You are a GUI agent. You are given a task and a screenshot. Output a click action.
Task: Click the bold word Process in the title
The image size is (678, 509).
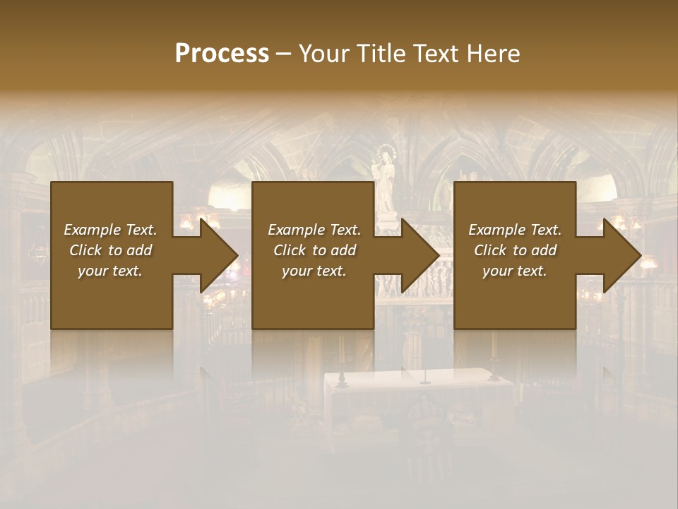click(x=222, y=54)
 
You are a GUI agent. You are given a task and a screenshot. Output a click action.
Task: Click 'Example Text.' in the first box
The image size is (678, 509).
click(x=110, y=230)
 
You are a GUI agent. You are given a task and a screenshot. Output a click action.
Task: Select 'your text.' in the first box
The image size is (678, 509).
click(x=110, y=271)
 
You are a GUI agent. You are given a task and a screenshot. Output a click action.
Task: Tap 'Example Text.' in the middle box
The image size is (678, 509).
click(x=314, y=230)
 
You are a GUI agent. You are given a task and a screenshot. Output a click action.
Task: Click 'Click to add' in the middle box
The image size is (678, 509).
click(x=314, y=250)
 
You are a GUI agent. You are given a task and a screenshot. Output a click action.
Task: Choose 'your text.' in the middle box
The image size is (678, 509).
click(x=314, y=271)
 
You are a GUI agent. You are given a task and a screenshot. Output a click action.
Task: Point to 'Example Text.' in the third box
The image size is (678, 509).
click(x=515, y=230)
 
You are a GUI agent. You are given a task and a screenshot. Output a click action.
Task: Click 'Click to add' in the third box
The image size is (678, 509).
click(x=515, y=250)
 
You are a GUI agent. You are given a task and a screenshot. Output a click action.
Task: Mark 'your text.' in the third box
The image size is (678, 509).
click(x=515, y=271)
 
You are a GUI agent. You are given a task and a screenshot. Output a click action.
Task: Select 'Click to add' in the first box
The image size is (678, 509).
click(x=110, y=250)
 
